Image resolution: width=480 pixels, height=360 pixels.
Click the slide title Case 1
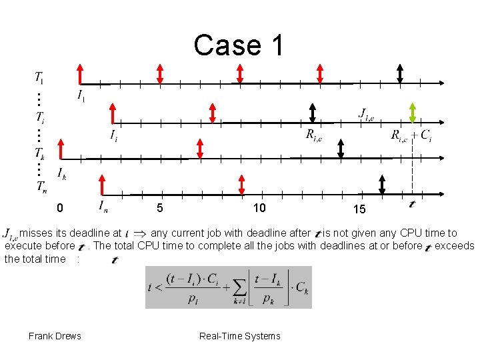click(x=239, y=45)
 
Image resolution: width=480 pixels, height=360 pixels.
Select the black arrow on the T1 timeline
click(x=399, y=73)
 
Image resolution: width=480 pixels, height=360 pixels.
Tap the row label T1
click(x=39, y=78)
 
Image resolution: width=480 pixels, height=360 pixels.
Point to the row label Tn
click(x=41, y=187)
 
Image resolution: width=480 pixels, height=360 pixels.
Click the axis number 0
click(x=60, y=209)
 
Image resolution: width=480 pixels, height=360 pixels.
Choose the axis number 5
click(x=159, y=208)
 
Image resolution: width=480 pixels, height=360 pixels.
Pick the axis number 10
click(x=259, y=208)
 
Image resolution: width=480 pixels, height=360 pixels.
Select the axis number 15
click(x=359, y=209)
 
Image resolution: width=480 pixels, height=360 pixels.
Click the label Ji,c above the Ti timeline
click(x=366, y=113)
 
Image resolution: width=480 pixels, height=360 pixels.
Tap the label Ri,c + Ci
click(x=411, y=135)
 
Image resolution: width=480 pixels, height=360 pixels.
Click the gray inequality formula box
click(x=229, y=287)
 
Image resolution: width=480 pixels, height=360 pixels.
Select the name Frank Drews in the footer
click(x=55, y=336)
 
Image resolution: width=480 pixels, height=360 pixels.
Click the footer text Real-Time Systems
click(x=240, y=336)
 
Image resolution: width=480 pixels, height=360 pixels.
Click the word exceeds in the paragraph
click(x=454, y=246)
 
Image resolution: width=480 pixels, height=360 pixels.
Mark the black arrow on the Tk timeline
click(x=341, y=148)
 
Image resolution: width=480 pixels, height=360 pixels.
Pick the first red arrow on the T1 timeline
click(x=80, y=73)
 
